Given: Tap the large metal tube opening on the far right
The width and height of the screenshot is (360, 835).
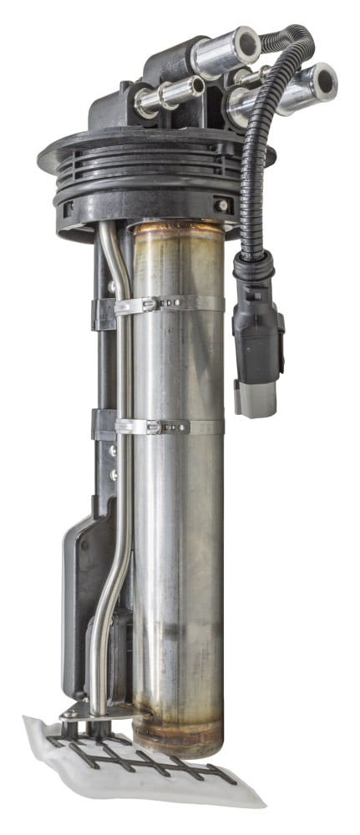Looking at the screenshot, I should pyautogui.click(x=322, y=82).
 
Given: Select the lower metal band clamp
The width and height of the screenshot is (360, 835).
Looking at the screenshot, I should pyautogui.click(x=167, y=427).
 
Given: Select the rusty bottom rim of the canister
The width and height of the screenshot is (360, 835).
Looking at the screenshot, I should pyautogui.click(x=180, y=739).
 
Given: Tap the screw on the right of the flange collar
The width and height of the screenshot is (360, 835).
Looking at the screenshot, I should pyautogui.click(x=221, y=205).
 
